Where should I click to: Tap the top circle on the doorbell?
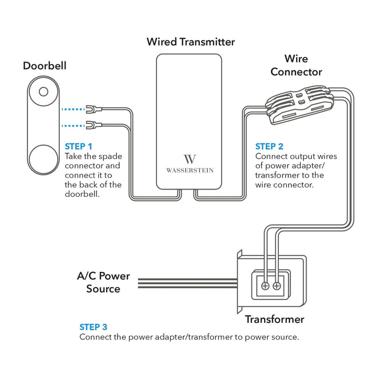click(44, 92)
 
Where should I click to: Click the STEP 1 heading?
click(78, 146)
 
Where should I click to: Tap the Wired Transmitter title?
click(191, 41)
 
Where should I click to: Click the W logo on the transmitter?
click(190, 159)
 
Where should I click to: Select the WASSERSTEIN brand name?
click(190, 170)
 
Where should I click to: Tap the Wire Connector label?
click(296, 65)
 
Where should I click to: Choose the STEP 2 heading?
click(269, 146)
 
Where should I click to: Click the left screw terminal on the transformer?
click(265, 286)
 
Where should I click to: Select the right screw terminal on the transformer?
click(277, 286)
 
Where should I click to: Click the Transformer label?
click(275, 319)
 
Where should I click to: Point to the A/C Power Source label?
click(103, 282)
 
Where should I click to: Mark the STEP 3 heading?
click(93, 327)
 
